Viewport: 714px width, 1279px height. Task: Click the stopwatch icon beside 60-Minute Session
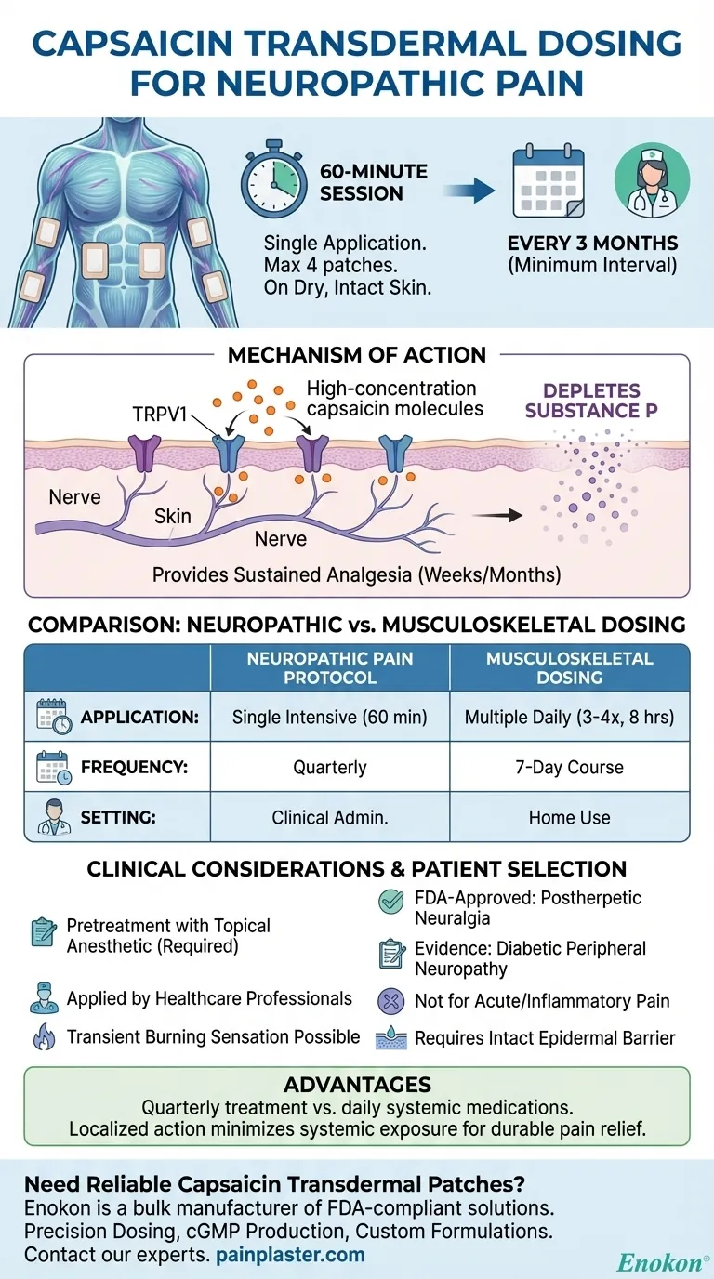[274, 182]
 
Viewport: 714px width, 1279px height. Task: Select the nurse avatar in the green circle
[652, 180]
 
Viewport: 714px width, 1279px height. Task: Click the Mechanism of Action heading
[357, 355]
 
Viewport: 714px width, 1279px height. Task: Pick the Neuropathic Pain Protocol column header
[329, 667]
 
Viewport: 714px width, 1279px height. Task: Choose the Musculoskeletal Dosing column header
[569, 667]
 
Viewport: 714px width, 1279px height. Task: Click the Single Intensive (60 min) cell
[329, 717]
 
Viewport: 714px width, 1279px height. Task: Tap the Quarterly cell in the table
[329, 768]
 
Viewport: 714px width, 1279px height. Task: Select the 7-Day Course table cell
[569, 768]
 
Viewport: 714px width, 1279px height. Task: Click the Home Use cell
[569, 817]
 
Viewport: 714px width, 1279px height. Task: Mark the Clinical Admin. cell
[329, 817]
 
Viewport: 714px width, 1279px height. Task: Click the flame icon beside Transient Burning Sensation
[44, 1036]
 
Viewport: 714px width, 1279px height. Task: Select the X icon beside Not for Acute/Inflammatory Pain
[390, 1001]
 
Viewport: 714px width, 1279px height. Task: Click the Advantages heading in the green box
[357, 1084]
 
